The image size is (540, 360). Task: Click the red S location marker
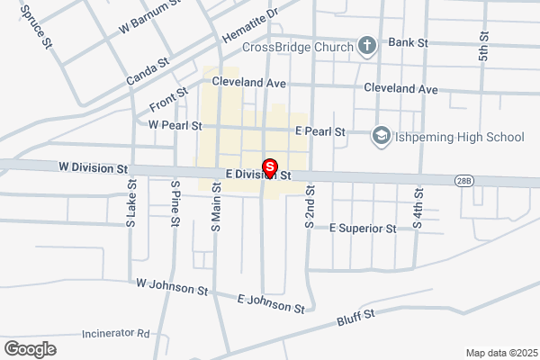tap(268, 168)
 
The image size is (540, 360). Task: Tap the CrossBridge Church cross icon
tap(367, 45)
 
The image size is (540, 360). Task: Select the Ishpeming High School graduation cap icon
tap(381, 136)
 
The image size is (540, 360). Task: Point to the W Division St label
tap(94, 168)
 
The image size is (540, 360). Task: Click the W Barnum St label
tap(150, 20)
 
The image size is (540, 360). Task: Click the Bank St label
tap(408, 42)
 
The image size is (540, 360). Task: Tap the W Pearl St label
tap(175, 125)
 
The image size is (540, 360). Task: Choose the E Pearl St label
tap(320, 131)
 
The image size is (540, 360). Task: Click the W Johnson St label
tap(172, 287)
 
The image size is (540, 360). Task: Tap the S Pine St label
tap(175, 204)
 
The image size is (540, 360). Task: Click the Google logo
tap(30, 348)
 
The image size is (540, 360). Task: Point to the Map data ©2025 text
tap(500, 353)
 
